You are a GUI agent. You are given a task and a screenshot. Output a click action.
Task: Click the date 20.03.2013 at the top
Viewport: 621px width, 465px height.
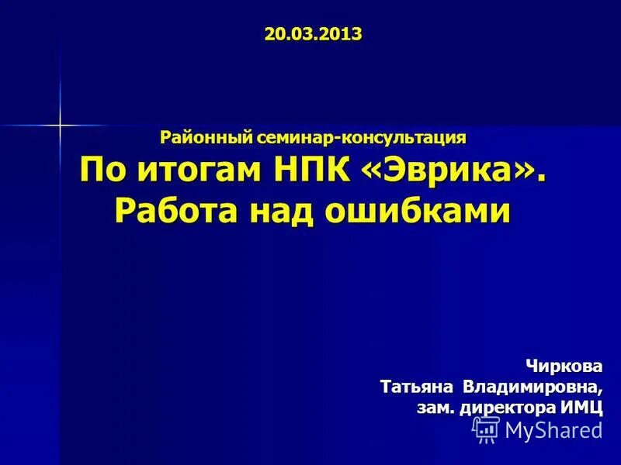(313, 34)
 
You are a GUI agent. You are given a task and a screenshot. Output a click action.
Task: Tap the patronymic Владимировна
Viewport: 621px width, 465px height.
(533, 386)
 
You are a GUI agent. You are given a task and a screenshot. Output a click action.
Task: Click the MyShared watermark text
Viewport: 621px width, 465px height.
(553, 430)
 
